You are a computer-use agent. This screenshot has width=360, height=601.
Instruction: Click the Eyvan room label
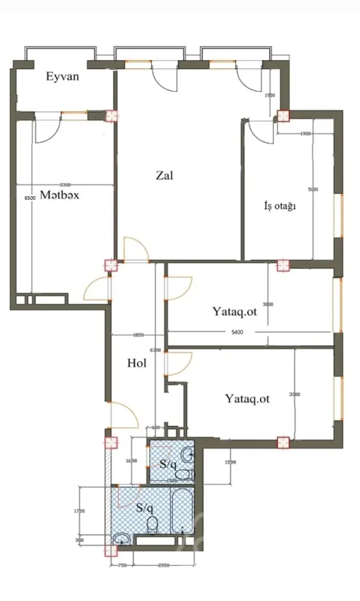[x=62, y=77]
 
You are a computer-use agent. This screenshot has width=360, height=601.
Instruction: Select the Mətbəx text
[x=60, y=194]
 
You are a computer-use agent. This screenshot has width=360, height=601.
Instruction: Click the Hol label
[x=136, y=363]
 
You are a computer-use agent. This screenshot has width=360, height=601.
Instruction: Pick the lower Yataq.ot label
[x=247, y=399]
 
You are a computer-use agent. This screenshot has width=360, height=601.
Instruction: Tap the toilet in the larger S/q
[x=153, y=524]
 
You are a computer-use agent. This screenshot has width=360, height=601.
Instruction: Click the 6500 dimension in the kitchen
[x=29, y=198]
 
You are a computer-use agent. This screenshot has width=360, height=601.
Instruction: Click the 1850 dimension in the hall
[x=138, y=336]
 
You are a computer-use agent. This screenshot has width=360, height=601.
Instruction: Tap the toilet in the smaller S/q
[x=188, y=475]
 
